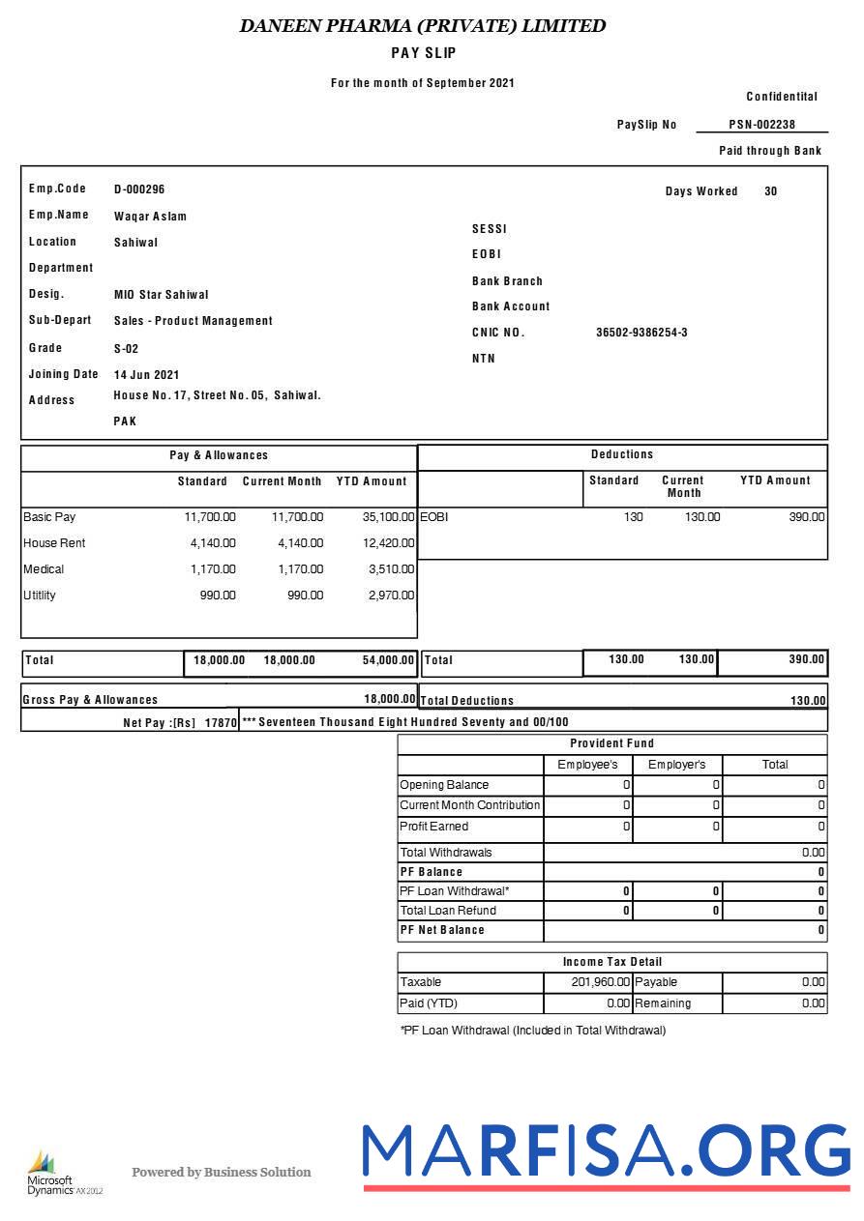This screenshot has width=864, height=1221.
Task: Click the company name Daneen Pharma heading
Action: pos(423,26)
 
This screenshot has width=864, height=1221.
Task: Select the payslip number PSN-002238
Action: pos(762,125)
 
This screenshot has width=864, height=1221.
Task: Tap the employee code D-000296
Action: pos(139,189)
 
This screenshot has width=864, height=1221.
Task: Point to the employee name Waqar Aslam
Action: pos(150,217)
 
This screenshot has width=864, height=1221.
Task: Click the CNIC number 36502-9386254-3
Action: pos(641,333)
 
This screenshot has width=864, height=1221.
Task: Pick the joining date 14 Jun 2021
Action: pos(146,375)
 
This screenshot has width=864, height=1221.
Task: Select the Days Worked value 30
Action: pos(770,191)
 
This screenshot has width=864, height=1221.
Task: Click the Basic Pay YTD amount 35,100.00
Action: pos(388,517)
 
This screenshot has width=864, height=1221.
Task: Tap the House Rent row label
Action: pos(54,543)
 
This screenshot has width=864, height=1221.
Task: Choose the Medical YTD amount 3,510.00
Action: pos(391,569)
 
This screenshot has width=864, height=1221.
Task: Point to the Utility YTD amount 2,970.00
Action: pos(391,596)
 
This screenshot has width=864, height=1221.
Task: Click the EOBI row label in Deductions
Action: pos(434,517)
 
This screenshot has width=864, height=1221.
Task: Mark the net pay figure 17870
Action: pos(221,723)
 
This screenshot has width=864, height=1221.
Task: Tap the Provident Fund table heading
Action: pos(611,743)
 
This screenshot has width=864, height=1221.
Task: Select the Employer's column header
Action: pos(676,765)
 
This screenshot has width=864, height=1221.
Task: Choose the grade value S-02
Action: pos(126,349)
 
